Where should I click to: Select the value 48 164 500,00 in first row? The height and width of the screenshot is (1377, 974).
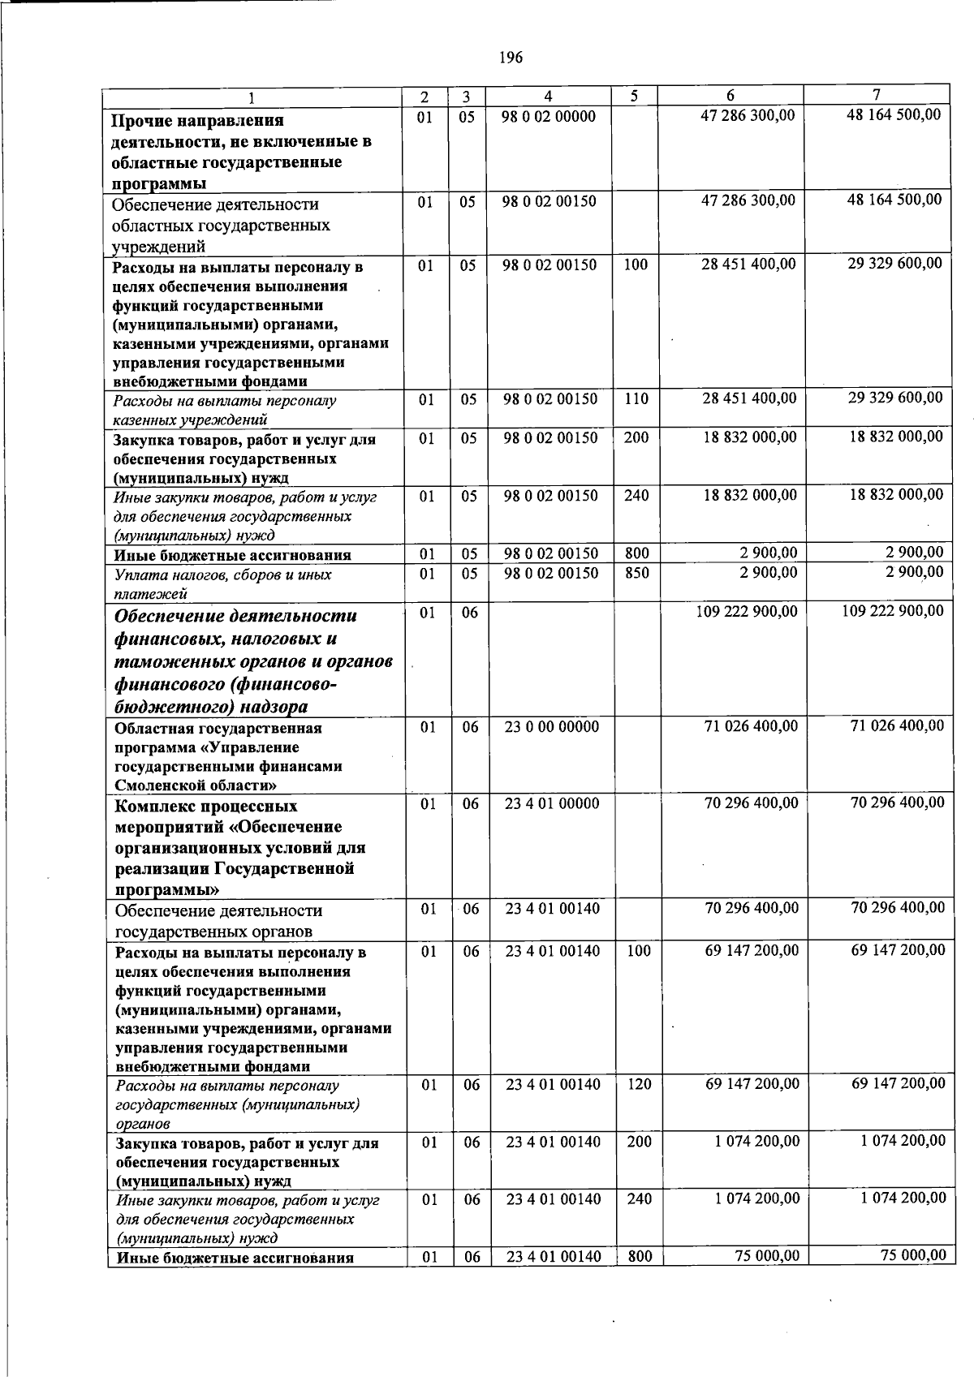pyautogui.click(x=894, y=115)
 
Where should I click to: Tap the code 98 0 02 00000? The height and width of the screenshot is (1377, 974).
pyautogui.click(x=549, y=117)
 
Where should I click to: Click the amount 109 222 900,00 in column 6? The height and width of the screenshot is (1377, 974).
pyautogui.click(x=747, y=611)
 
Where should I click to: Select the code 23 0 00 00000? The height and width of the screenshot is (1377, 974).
pyautogui.click(x=552, y=727)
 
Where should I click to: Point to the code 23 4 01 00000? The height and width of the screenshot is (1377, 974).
pyautogui.click(x=552, y=804)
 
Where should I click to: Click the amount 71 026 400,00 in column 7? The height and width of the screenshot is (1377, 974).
pyautogui.click(x=897, y=726)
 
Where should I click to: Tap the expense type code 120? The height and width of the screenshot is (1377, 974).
pyautogui.click(x=639, y=1084)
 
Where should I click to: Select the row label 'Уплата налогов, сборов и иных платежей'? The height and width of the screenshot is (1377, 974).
pyautogui.click(x=222, y=583)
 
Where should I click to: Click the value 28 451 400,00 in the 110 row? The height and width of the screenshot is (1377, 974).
pyautogui.click(x=749, y=399)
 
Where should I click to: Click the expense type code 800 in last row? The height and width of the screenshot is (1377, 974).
pyautogui.click(x=639, y=1257)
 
